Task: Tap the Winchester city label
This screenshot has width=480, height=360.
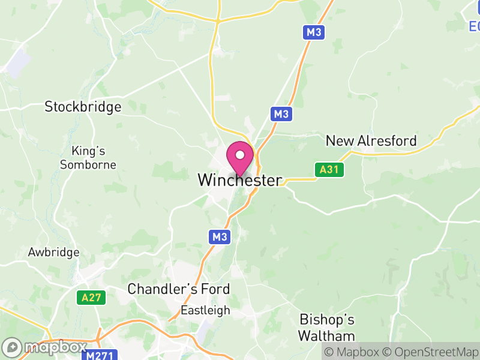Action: pos(239,180)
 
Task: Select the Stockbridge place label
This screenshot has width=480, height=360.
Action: pos(83,107)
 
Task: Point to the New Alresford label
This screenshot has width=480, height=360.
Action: pos(371,141)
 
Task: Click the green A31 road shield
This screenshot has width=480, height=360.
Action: pos(329,170)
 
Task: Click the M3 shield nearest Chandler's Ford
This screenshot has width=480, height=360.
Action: pos(220,237)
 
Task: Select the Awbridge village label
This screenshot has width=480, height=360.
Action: pos(53,253)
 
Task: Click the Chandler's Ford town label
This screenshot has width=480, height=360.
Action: pos(178,289)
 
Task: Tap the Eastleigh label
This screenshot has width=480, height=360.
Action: pos(206,310)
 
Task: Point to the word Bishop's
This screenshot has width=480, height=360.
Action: pos(327,319)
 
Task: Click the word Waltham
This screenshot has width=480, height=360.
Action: pos(327,335)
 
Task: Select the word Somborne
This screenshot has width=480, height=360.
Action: pos(88,164)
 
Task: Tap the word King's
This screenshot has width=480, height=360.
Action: pos(88,151)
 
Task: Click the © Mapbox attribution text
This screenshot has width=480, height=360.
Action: pos(350,352)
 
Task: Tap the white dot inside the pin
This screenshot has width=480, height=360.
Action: pos(240,155)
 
